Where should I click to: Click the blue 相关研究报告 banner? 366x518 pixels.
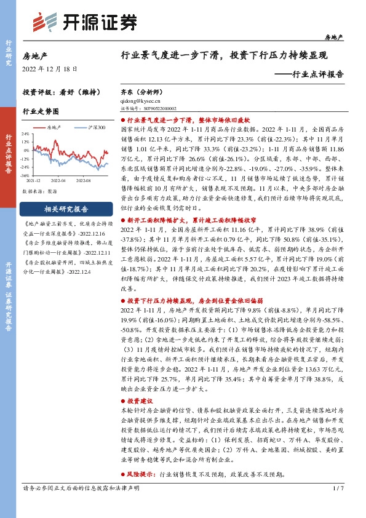66,209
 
